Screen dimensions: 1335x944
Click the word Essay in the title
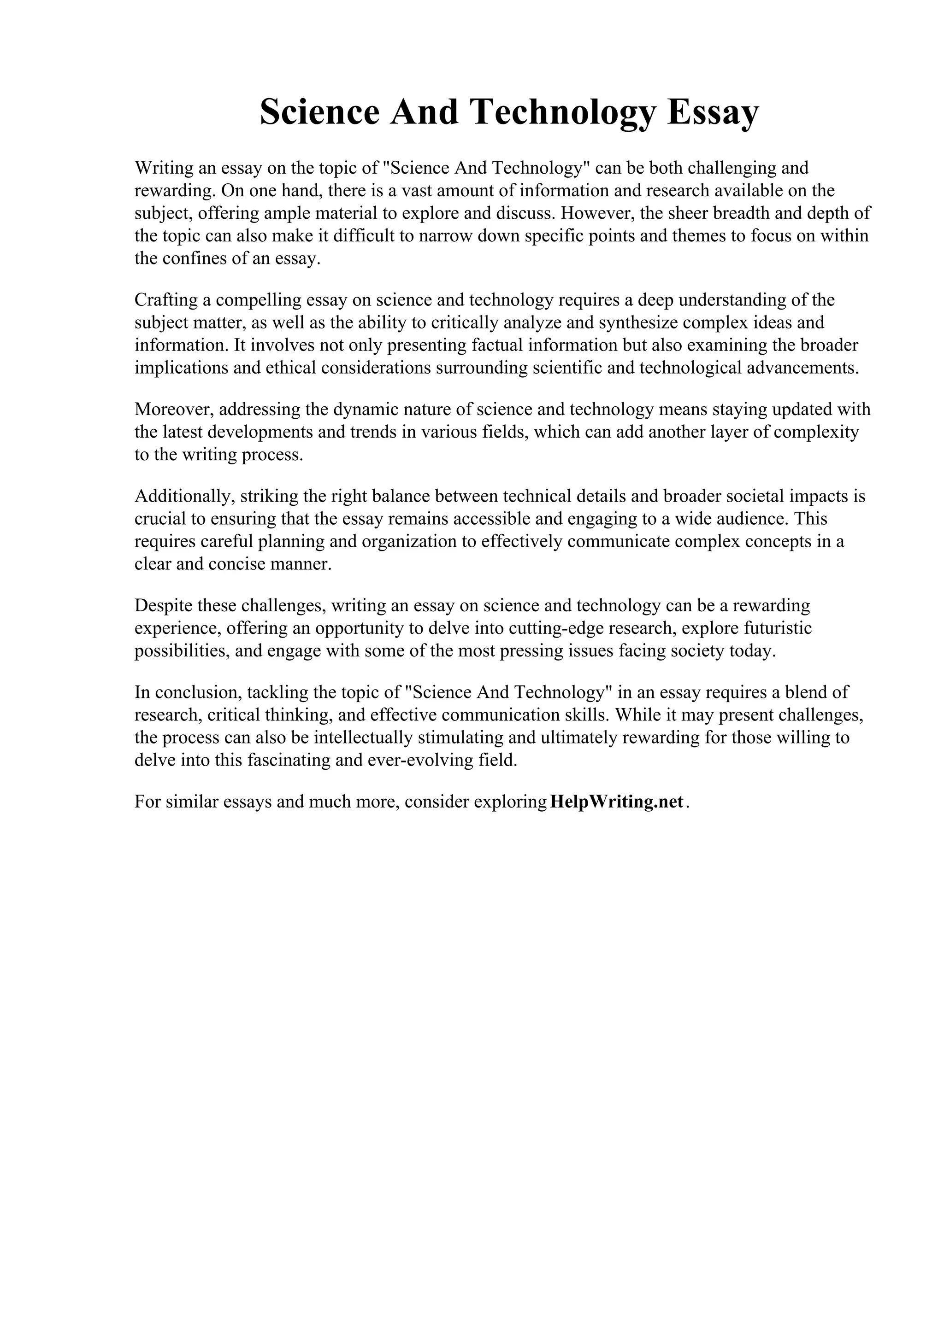pyautogui.click(x=713, y=112)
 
